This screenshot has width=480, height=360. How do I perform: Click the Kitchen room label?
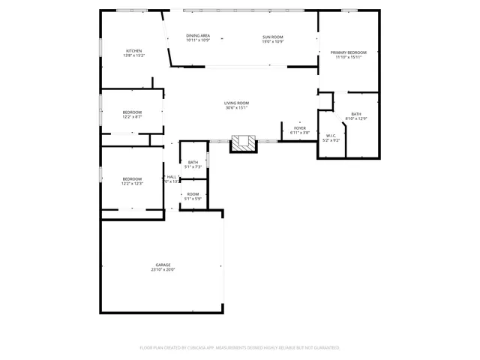133,50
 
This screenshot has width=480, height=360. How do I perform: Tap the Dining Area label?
198,36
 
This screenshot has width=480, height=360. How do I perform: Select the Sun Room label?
272,36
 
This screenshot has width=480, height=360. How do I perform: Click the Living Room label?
236,103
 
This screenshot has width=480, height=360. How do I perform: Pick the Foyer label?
299,128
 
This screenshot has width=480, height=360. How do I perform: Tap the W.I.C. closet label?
331,136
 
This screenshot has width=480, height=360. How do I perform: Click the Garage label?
163,264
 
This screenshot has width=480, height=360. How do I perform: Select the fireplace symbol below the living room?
243,142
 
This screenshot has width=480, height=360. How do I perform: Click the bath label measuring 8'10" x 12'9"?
355,114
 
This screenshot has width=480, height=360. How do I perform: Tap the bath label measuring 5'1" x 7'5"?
193,162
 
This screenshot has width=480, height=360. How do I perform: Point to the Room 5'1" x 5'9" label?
193,193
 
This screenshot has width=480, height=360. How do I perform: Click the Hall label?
172,177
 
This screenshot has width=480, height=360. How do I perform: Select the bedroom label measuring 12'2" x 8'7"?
132,112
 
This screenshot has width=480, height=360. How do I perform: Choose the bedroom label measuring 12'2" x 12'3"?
132,178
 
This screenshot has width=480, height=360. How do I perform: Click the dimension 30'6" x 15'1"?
236,108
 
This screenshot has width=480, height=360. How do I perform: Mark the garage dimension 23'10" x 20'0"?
163,269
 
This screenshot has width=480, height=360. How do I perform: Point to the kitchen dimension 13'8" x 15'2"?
133,55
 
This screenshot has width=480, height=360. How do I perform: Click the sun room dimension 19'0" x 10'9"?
272,40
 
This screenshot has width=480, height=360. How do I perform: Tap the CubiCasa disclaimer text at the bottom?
240,348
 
